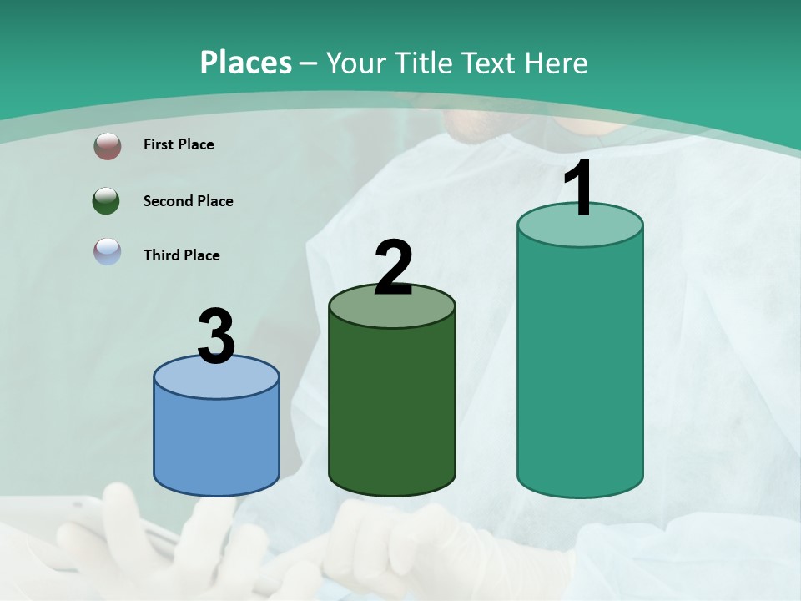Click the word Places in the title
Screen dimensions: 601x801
[245, 63]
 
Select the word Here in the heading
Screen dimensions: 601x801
[557, 63]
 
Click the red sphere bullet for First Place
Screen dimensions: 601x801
[107, 146]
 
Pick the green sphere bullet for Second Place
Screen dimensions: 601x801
[107, 201]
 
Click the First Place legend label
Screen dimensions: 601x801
[179, 144]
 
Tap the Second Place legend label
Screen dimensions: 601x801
[188, 201]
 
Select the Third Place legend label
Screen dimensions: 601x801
[181, 255]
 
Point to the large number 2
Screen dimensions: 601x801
[393, 268]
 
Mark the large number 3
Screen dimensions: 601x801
[216, 337]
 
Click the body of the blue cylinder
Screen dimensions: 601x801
[216, 442]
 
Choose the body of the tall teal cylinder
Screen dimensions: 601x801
[580, 367]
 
